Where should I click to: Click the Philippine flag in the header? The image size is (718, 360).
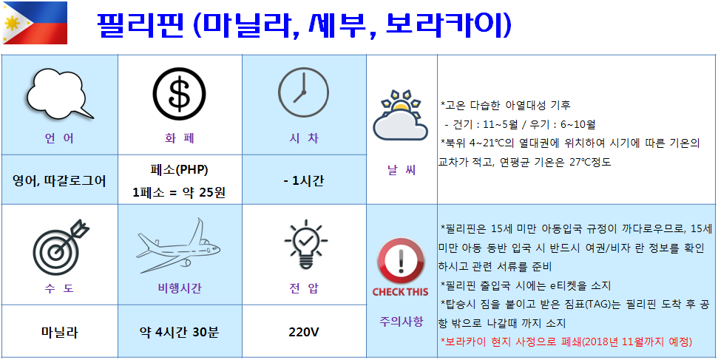pos(35,23)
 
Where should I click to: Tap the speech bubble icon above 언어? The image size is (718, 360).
pos(60,94)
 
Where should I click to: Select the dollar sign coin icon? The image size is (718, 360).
pos(180,95)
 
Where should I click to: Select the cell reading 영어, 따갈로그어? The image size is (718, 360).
pos(59,181)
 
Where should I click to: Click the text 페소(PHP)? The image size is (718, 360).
pos(179,169)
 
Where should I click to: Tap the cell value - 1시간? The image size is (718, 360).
pos(304,181)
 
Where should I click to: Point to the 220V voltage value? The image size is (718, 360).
pos(304,332)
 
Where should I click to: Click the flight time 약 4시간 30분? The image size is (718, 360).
pos(180,332)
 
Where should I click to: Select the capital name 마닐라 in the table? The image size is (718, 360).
pos(59,332)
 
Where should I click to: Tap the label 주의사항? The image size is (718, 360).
pos(401,321)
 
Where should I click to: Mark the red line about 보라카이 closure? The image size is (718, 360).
pos(566,342)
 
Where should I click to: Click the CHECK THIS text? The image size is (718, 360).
pos(401,292)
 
